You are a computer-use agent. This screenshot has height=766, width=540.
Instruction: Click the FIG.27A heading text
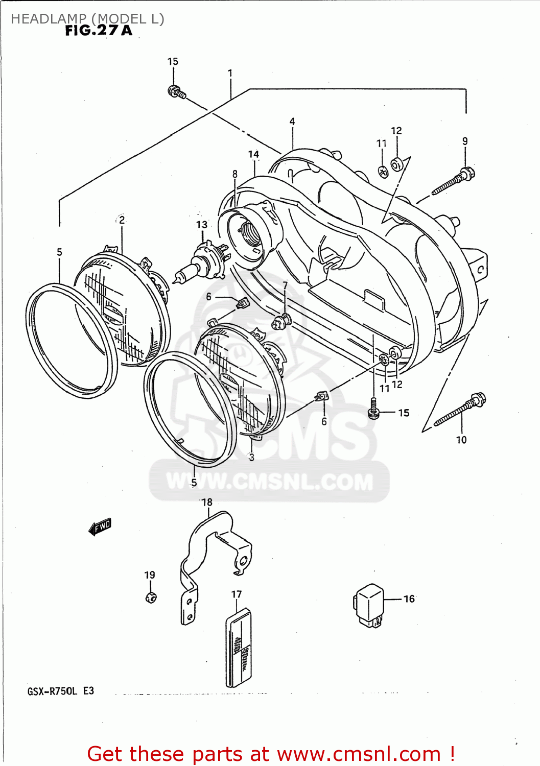[99, 31]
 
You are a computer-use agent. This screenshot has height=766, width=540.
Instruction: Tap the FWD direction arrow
[100, 526]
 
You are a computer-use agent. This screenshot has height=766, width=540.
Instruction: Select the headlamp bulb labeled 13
[201, 262]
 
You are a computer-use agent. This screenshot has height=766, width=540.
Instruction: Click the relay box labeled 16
[369, 604]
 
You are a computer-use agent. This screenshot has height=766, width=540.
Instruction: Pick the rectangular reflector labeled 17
[239, 648]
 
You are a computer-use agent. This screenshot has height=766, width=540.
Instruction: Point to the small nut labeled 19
[151, 597]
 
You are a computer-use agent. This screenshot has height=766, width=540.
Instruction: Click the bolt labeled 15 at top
[176, 92]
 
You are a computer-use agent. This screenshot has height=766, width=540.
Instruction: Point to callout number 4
[292, 122]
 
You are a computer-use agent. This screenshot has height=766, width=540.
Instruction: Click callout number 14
[253, 154]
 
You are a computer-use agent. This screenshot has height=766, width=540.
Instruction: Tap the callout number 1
[230, 73]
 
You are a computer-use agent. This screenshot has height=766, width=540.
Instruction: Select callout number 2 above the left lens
[122, 220]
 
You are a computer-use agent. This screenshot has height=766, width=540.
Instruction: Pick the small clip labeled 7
[280, 322]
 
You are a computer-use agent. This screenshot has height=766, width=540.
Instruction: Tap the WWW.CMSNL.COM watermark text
[269, 482]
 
